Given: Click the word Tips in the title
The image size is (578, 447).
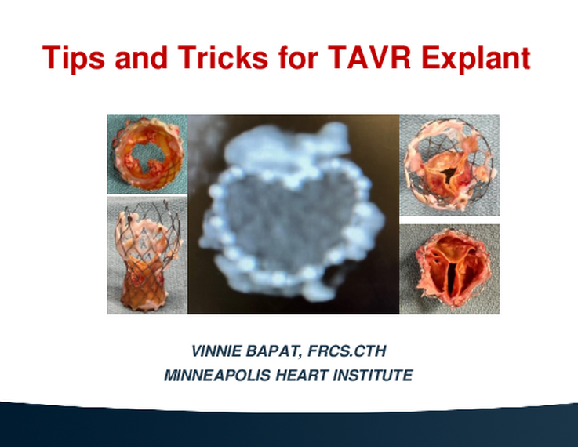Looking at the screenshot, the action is tap(73, 58).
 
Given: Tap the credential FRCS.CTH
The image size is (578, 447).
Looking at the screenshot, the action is tap(347, 351).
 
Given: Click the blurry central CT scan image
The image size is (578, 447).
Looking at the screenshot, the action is tap(293, 214).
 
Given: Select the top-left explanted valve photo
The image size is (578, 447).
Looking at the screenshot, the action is tap(147, 154).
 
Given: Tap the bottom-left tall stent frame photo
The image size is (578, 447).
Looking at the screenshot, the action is tap(147, 255).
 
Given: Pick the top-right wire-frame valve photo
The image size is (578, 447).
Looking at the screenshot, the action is tap(449, 165).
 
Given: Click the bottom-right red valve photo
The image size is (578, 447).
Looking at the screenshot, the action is tap(449, 269).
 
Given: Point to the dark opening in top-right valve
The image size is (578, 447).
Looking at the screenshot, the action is tap(449, 174).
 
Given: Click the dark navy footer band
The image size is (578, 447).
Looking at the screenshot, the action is tap(289, 427).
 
